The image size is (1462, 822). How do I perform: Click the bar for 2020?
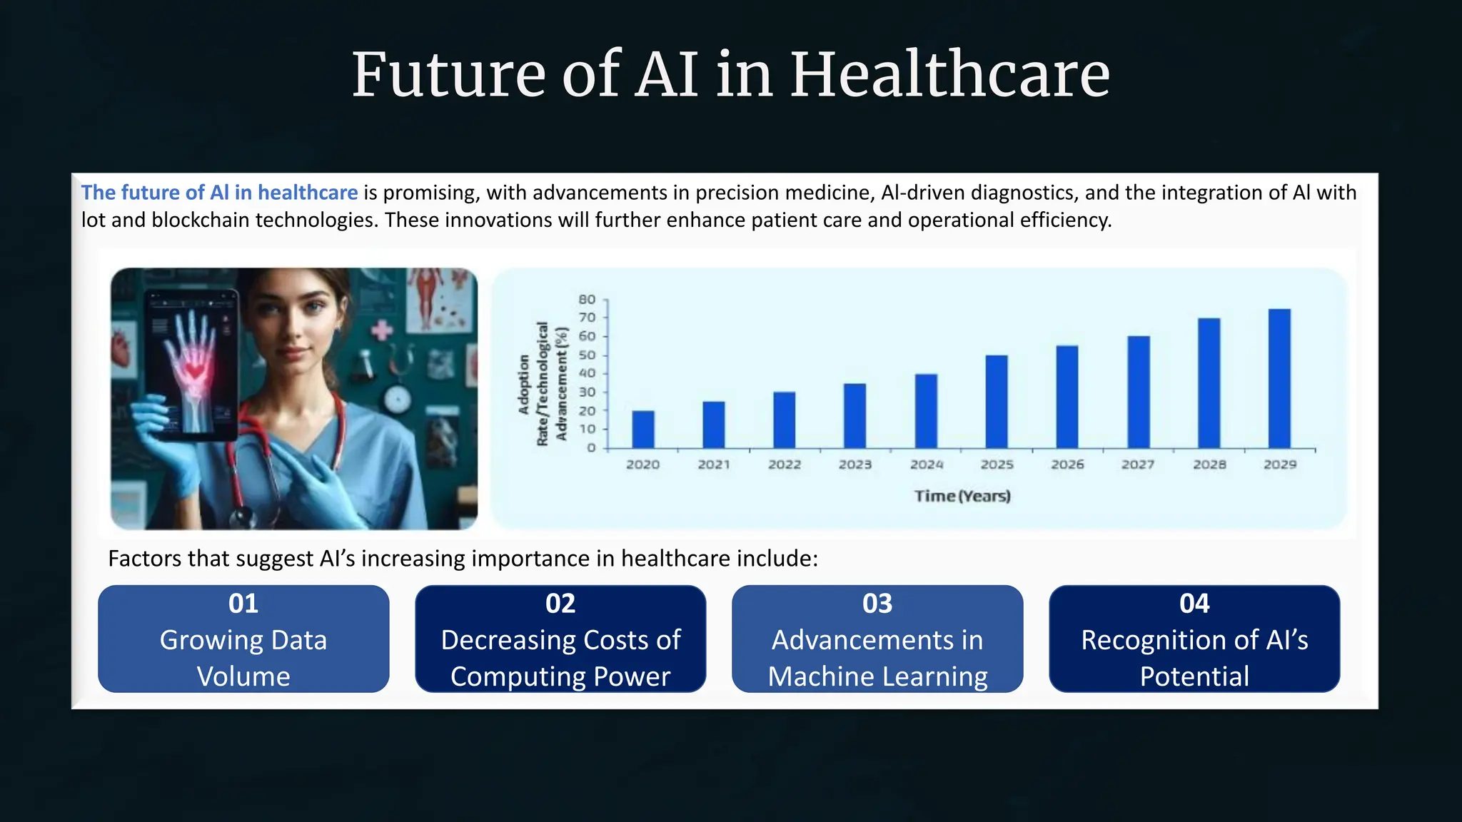coord(642,430)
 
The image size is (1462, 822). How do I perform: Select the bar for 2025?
coord(997,402)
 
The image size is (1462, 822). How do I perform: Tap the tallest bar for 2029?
coord(1279,379)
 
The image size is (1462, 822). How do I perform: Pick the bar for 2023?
coord(854,416)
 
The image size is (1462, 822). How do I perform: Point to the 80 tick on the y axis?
coord(587,299)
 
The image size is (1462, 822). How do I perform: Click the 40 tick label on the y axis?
coord(587,373)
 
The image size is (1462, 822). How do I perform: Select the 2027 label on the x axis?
coord(1138,465)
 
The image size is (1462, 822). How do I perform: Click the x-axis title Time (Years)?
coord(962,496)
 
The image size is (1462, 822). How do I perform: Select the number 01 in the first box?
coord(243,604)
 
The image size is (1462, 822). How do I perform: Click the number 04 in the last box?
coord(1194,604)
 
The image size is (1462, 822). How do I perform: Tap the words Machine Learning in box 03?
coord(877,676)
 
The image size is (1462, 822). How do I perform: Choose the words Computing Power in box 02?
coord(560,676)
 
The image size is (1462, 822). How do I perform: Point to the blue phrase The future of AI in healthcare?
coord(219,193)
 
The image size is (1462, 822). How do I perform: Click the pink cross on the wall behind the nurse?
coord(382,330)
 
